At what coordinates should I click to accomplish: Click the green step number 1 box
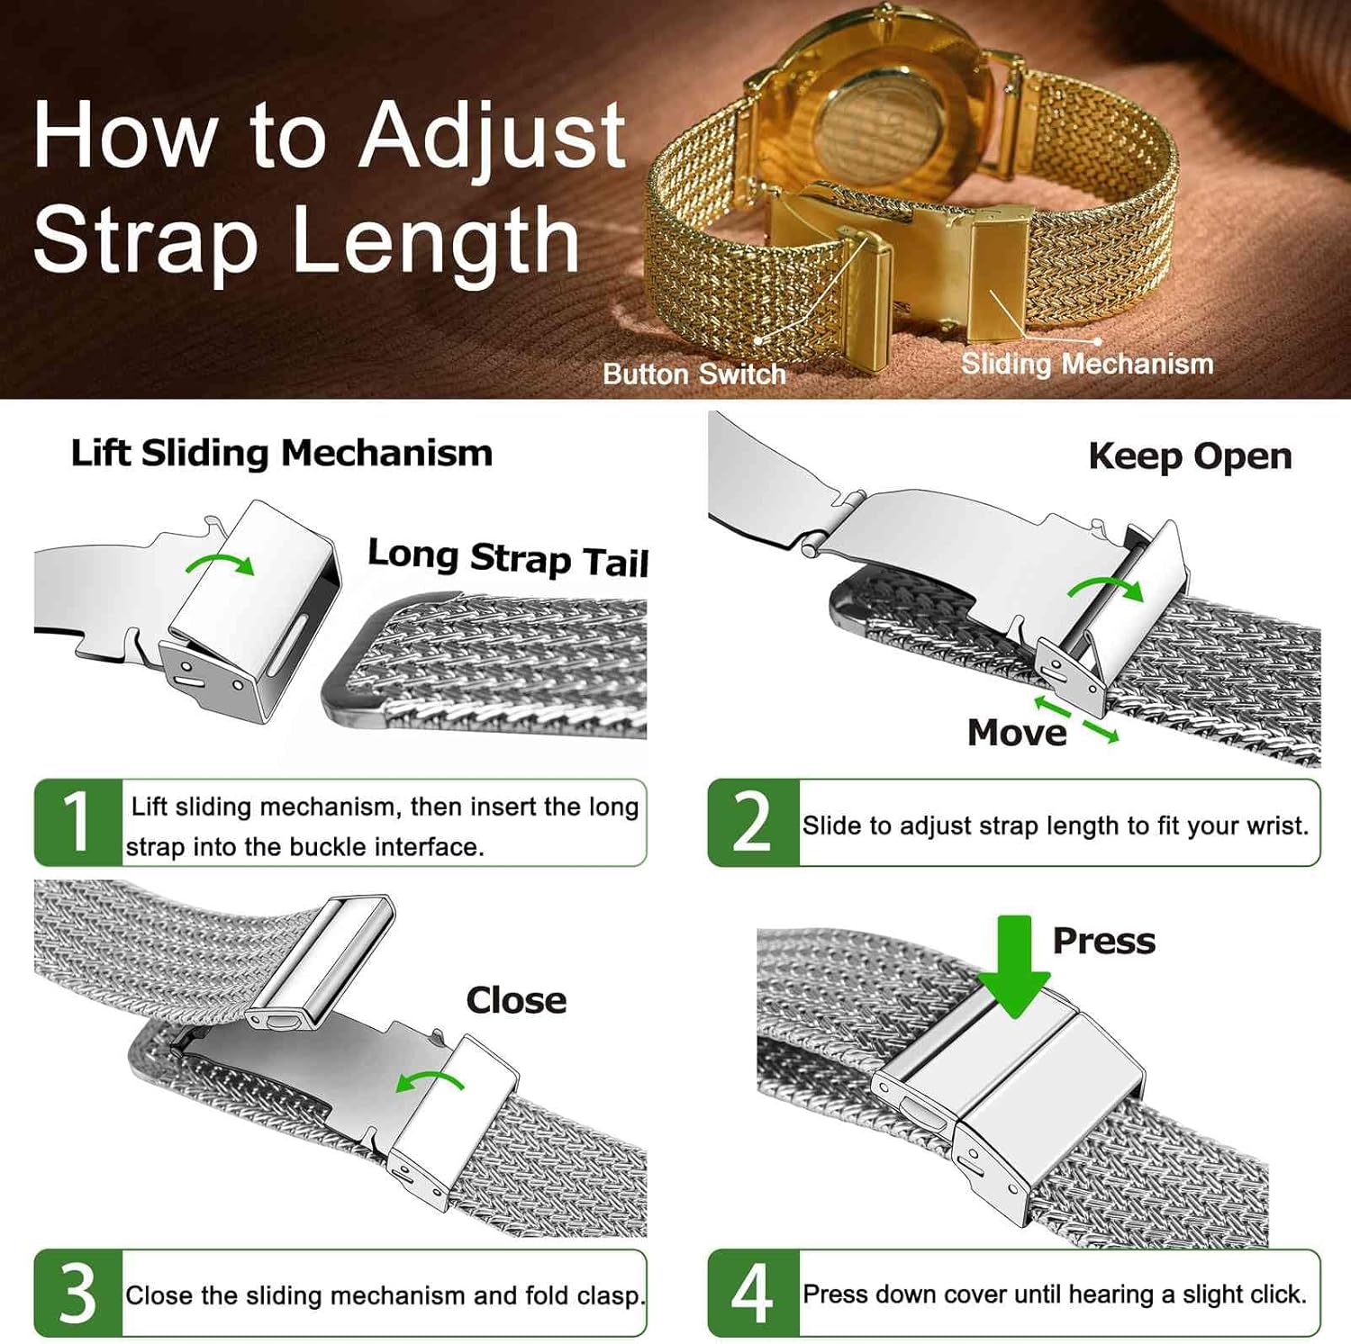77,822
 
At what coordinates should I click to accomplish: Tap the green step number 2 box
753,823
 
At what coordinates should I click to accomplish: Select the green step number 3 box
77,1293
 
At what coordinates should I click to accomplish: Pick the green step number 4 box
753,1293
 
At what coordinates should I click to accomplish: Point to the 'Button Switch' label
694,374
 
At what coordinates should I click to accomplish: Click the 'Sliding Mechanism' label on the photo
1087,364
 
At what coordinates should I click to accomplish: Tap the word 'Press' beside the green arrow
1104,941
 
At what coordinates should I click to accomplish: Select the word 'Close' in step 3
516,1000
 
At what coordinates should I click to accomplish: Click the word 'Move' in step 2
1017,733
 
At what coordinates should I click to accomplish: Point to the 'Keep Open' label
1190,456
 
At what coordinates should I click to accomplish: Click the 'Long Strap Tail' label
508,558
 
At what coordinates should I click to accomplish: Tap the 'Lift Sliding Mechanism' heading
282,453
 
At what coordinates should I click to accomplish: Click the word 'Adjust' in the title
493,137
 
